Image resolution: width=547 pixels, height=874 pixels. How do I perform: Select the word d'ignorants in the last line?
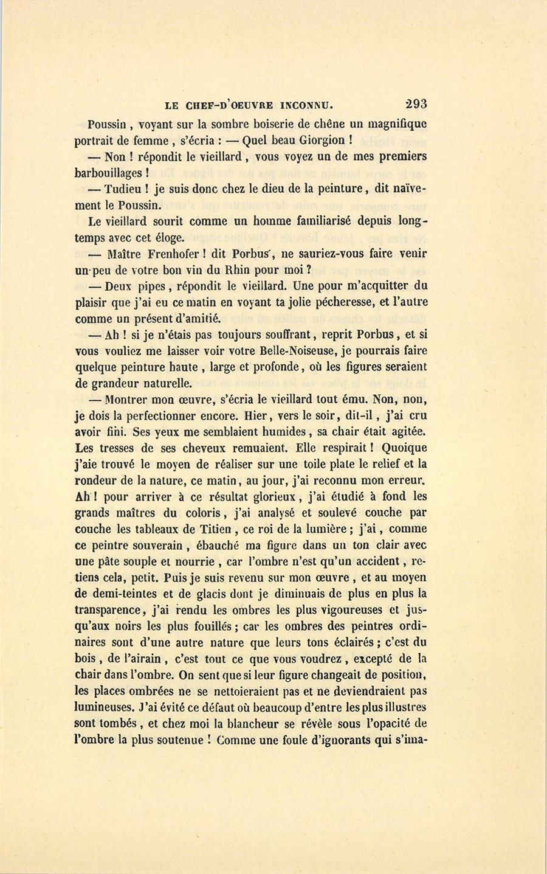329,740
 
